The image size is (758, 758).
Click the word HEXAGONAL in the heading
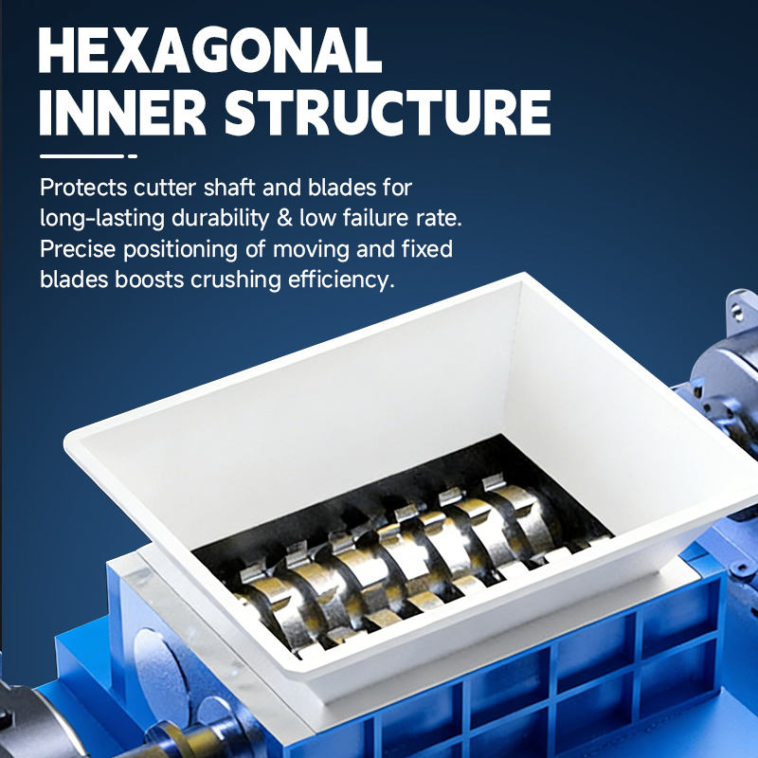click(210, 50)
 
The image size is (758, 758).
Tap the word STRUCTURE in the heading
click(388, 113)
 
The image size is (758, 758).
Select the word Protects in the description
click(83, 188)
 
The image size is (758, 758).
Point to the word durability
click(221, 218)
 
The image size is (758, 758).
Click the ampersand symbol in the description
click(284, 219)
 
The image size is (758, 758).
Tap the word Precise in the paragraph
click(78, 249)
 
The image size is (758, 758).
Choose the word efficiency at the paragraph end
click(341, 280)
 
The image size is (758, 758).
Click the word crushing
click(236, 280)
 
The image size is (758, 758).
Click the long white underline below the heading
click(81, 156)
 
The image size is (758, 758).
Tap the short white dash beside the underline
click(133, 156)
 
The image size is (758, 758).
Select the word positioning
click(180, 250)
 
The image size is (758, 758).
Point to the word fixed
click(427, 249)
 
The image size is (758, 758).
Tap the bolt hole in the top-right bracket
click(737, 313)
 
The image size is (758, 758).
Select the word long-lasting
click(102, 219)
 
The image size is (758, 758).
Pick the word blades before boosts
click(74, 280)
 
